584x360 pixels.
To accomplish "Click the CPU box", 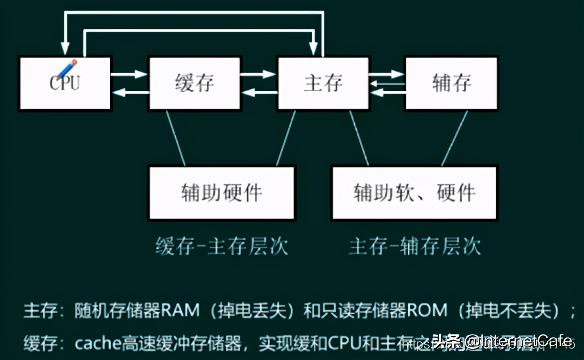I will (65, 84).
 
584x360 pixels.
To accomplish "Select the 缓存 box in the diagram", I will (195, 84).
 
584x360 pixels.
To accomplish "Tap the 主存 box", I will (323, 84).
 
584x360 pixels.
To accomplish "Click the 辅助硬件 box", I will (222, 193).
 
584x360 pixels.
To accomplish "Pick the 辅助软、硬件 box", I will (414, 193).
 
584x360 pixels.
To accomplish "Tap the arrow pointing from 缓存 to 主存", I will (258, 75).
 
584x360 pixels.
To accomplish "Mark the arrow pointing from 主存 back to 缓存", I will (259, 93).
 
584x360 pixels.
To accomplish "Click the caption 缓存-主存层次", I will (222, 246).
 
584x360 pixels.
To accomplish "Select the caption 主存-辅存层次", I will (415, 246).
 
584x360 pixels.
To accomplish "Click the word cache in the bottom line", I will (95, 343).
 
